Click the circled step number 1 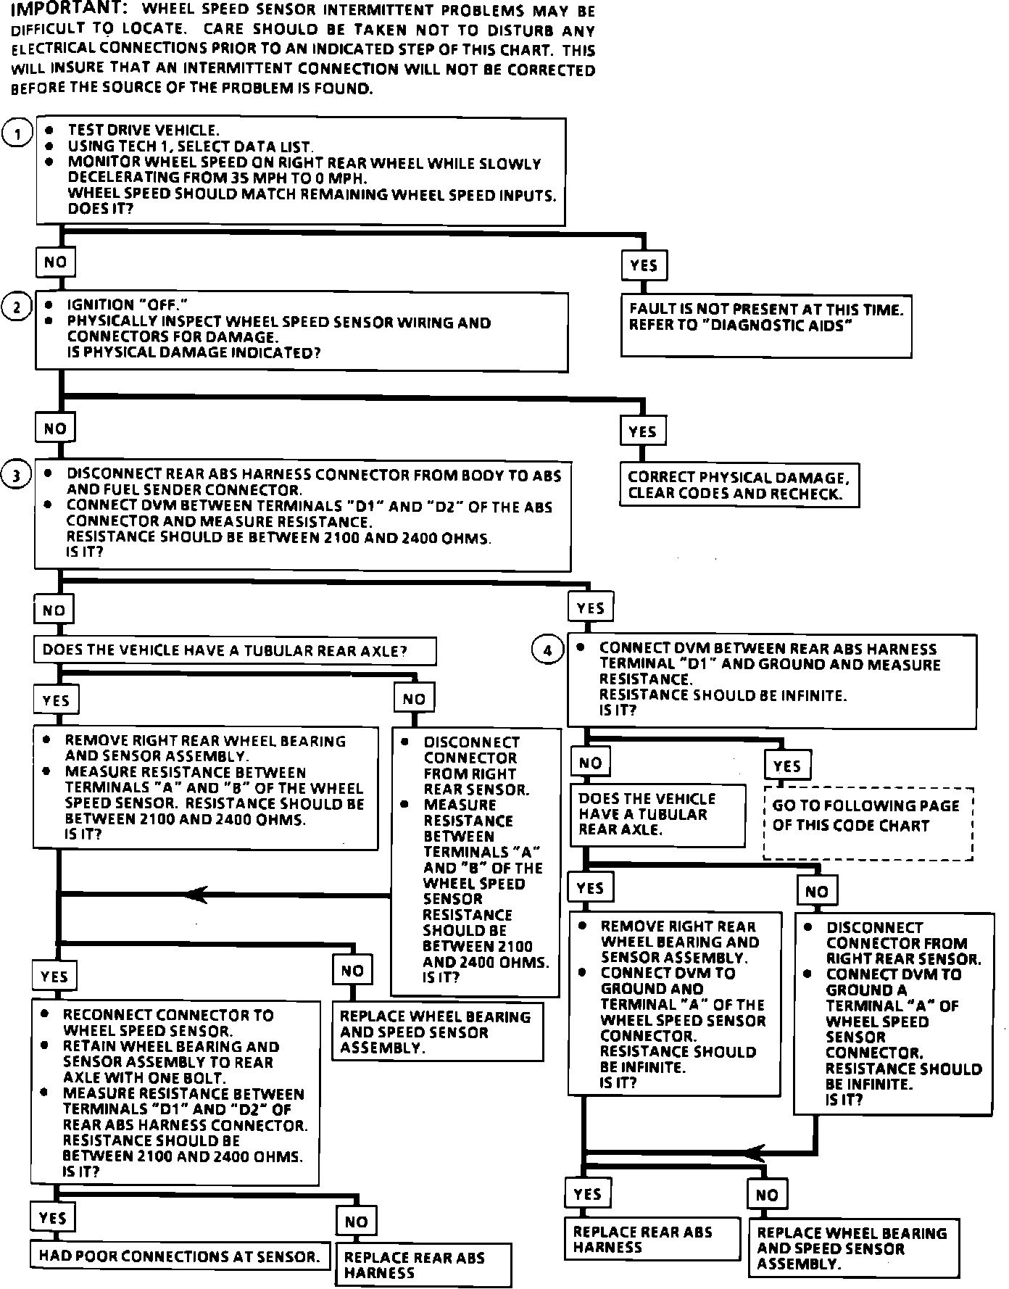click(x=17, y=133)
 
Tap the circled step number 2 click(x=17, y=307)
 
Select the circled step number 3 click(x=17, y=476)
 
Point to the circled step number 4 click(x=547, y=650)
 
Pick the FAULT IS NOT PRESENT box click(x=766, y=326)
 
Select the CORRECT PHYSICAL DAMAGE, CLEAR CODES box click(x=739, y=486)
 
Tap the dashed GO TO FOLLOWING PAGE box click(x=868, y=824)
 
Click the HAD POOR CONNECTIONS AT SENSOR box click(x=180, y=1256)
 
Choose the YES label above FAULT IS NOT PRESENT click(x=644, y=265)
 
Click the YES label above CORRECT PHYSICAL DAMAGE click(x=642, y=432)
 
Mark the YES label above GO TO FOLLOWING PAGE click(x=787, y=766)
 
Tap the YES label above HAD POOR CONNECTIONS click(x=52, y=1218)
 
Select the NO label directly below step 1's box click(x=55, y=262)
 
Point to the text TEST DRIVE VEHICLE click(x=144, y=130)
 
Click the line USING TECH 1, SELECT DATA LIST click(x=191, y=146)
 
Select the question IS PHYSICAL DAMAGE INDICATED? click(x=194, y=353)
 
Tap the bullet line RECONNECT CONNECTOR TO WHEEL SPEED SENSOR click(x=168, y=1022)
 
